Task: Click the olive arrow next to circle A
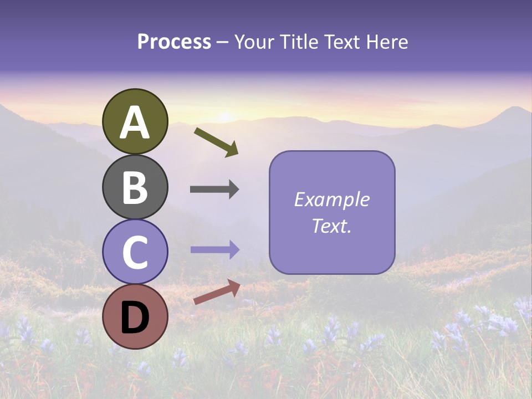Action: (x=216, y=142)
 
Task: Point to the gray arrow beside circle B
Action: (x=214, y=190)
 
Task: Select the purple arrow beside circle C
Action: (x=214, y=250)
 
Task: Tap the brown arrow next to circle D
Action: (x=217, y=292)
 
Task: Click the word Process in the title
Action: (x=174, y=42)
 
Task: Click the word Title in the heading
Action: (x=296, y=42)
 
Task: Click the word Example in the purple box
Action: (x=331, y=199)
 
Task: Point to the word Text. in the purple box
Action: (x=331, y=226)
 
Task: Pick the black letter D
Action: (x=135, y=317)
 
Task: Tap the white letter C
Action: (x=135, y=252)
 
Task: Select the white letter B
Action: (x=135, y=187)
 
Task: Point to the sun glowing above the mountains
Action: (x=225, y=116)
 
